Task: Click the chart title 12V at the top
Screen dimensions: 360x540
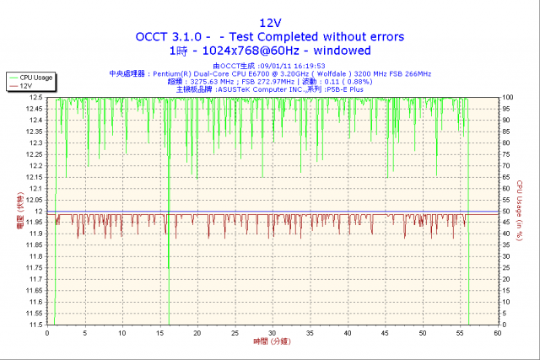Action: (x=270, y=22)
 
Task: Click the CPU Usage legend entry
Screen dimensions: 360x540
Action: (x=36, y=78)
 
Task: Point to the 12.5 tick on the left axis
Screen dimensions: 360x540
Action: (x=35, y=98)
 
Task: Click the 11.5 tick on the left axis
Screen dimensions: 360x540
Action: (x=35, y=324)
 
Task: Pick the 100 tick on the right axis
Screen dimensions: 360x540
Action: (x=509, y=98)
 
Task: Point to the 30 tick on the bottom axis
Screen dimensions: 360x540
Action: (x=272, y=332)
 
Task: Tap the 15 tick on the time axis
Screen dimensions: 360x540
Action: (x=159, y=332)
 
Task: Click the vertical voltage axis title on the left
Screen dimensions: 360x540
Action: (x=20, y=211)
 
